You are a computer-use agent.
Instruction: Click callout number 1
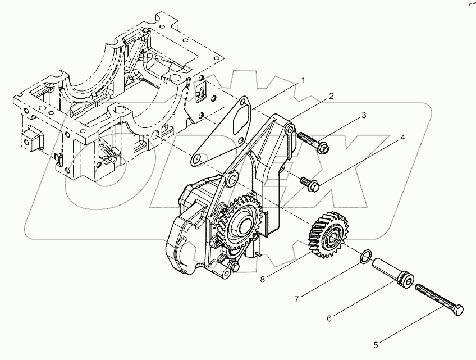[x=303, y=81]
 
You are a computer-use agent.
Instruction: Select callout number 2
[x=331, y=96]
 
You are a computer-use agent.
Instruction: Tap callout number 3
[x=364, y=116]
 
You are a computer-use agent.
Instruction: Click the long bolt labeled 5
[x=438, y=298]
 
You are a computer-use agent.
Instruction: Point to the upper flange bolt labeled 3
[x=314, y=144]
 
